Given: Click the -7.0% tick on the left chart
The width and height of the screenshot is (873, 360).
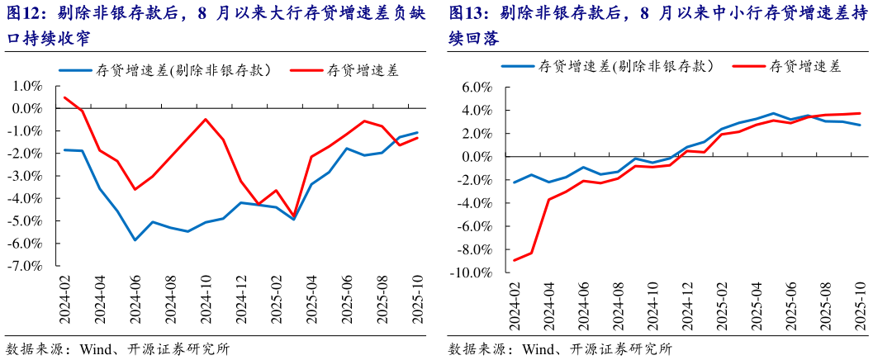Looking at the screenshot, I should (26, 266).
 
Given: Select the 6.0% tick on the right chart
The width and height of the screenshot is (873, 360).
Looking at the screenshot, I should (476, 87).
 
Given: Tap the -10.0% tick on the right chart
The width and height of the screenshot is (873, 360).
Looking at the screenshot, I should (472, 272).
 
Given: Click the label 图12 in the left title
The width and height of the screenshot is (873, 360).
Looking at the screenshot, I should (22, 15).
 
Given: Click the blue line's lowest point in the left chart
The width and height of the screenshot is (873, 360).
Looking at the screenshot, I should (135, 240).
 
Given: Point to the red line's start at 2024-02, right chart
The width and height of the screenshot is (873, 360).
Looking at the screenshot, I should (515, 260).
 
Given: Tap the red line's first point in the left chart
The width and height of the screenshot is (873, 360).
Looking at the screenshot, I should (64, 97).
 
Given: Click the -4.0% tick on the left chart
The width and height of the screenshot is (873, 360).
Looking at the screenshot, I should (26, 198).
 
